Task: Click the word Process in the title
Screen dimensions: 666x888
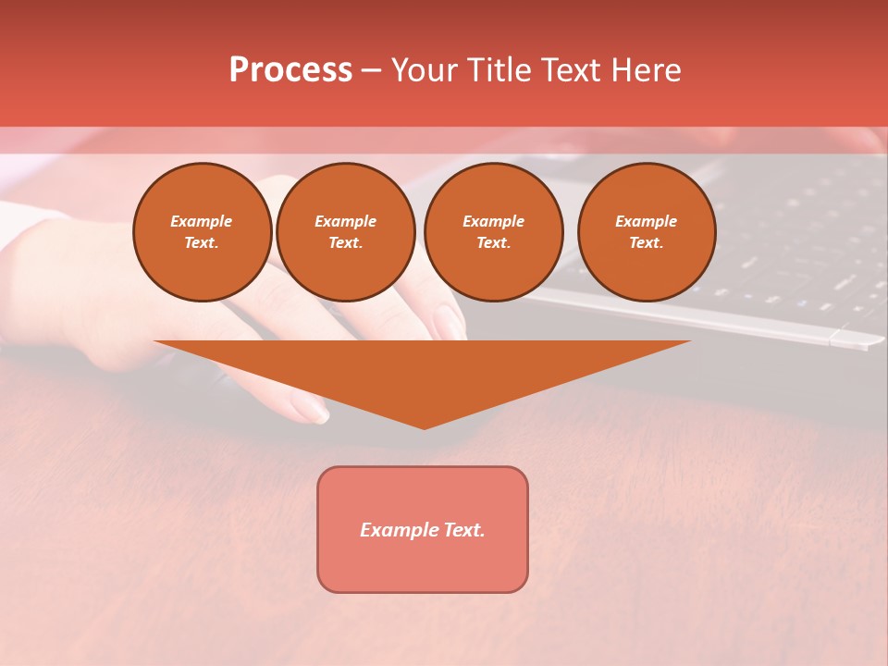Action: pos(290,70)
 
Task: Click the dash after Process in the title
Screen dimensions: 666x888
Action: pos(372,71)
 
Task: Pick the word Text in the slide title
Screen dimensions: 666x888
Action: pos(568,70)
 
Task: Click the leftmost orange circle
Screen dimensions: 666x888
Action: pos(203,232)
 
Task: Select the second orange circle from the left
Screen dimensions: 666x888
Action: pos(346,232)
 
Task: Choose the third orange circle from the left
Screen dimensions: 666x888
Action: pos(494,232)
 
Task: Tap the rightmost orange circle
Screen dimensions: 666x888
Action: pos(647,232)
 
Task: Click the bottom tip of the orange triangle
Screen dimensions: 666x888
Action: pos(424,427)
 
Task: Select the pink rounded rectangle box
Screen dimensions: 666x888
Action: pos(423,564)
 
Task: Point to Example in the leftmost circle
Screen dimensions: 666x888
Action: pos(202,221)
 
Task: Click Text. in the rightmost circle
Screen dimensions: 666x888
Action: pos(647,243)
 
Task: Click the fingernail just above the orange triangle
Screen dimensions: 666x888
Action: pos(450,323)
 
